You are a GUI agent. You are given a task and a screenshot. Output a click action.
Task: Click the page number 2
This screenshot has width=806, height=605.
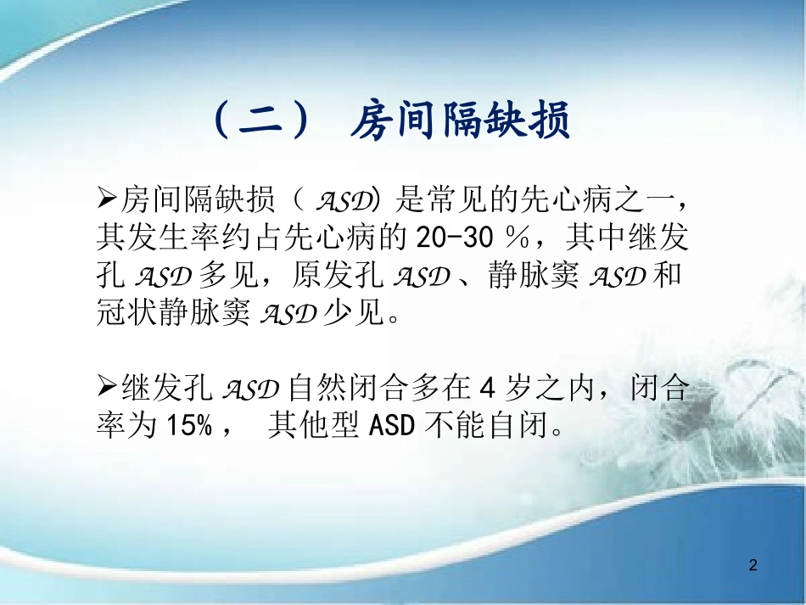[x=753, y=563]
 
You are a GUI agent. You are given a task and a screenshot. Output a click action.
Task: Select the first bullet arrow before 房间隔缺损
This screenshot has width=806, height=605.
[x=108, y=200]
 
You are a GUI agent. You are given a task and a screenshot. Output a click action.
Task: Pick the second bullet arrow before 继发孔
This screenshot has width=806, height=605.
[x=108, y=389]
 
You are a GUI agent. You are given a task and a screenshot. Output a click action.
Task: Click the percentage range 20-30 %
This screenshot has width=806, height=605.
[x=467, y=238]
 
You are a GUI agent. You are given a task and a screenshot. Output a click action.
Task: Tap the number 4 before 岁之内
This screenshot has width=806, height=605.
[x=486, y=389]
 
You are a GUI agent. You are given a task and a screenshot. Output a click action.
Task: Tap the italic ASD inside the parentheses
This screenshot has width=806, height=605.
[x=344, y=201]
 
